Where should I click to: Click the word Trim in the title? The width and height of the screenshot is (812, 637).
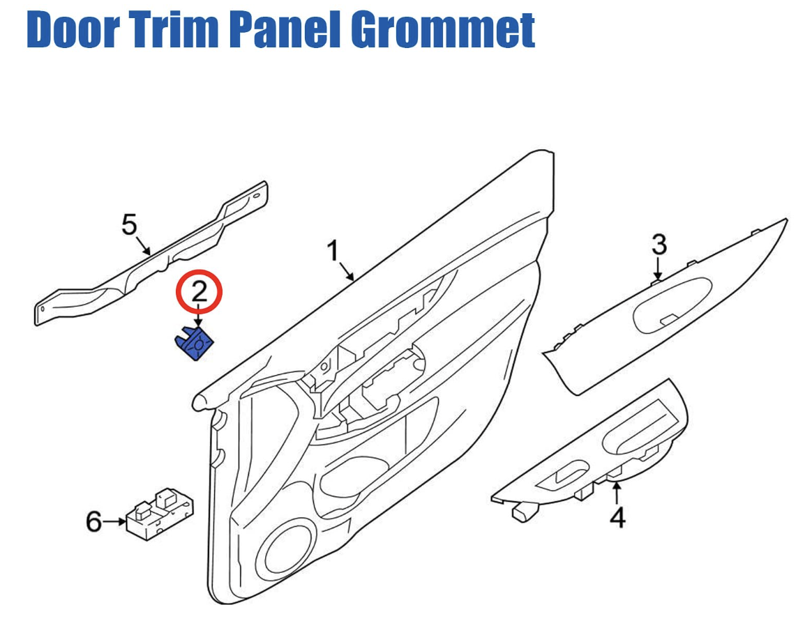click(x=177, y=29)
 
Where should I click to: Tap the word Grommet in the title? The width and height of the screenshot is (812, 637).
click(x=444, y=29)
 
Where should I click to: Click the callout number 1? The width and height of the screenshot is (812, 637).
click(x=333, y=250)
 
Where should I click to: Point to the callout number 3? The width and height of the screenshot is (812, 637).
click(x=659, y=245)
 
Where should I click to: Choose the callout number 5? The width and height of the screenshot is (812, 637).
click(x=129, y=225)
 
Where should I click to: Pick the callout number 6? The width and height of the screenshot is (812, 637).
click(x=93, y=521)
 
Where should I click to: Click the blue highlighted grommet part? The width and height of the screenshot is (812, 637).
click(x=194, y=344)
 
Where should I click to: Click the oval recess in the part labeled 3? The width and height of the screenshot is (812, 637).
click(x=672, y=305)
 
